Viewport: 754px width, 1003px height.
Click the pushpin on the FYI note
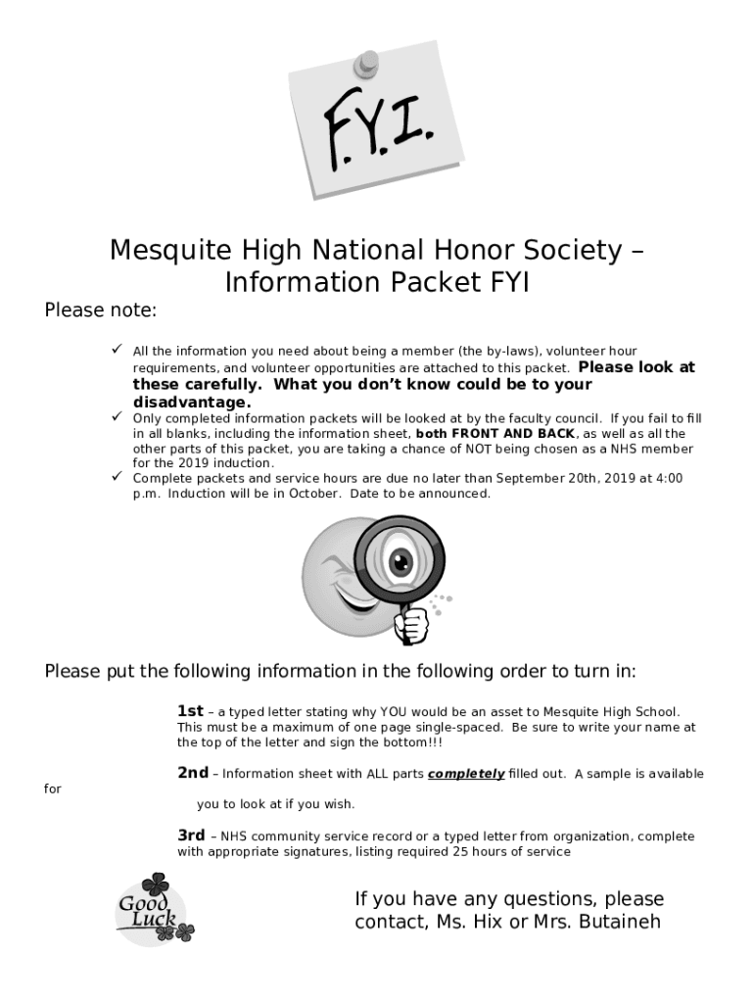tap(367, 62)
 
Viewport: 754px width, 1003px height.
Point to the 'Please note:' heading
tap(100, 310)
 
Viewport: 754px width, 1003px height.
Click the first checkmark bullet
tap(116, 351)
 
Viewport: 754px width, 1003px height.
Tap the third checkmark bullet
tap(116, 477)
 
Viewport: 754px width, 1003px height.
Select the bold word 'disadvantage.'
tap(192, 403)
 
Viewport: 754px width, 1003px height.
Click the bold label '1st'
tap(190, 711)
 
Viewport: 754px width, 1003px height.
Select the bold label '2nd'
tap(192, 773)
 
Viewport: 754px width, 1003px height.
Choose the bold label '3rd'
tap(191, 836)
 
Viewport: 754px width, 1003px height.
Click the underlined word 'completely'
tap(465, 774)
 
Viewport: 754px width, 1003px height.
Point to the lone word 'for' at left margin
tap(53, 789)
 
